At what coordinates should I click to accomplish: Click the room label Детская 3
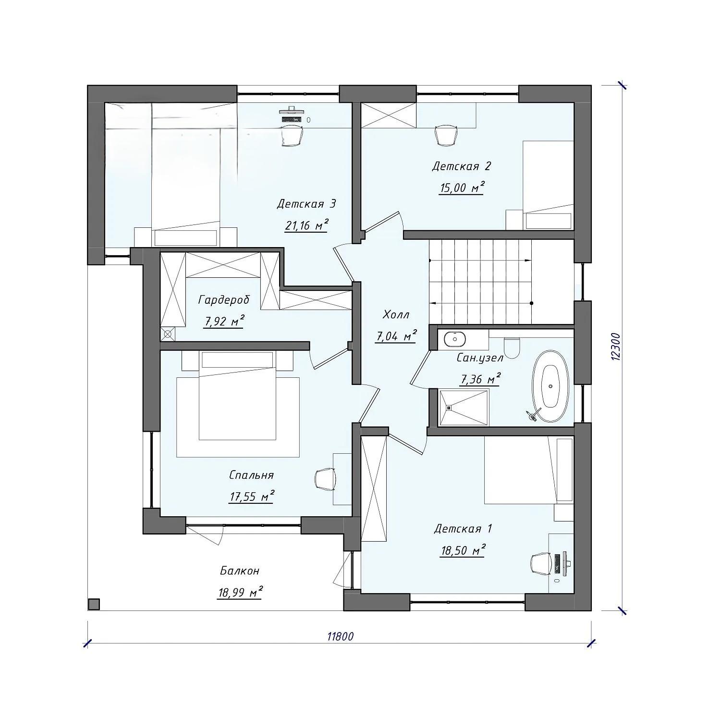point(306,204)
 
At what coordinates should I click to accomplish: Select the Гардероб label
point(224,300)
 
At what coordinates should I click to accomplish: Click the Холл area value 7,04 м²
point(396,336)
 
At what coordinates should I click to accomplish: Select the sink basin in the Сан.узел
point(454,339)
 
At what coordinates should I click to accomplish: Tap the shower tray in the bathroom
point(464,408)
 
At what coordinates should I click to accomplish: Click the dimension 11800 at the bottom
point(340,636)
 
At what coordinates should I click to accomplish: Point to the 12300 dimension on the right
point(617,347)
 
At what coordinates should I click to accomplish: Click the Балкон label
point(240,571)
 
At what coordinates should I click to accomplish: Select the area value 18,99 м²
point(240,592)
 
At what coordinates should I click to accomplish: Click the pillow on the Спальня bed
point(238,360)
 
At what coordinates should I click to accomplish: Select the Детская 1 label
point(463,529)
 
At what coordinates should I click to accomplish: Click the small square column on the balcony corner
point(94,604)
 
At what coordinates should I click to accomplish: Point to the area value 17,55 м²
point(252,496)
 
